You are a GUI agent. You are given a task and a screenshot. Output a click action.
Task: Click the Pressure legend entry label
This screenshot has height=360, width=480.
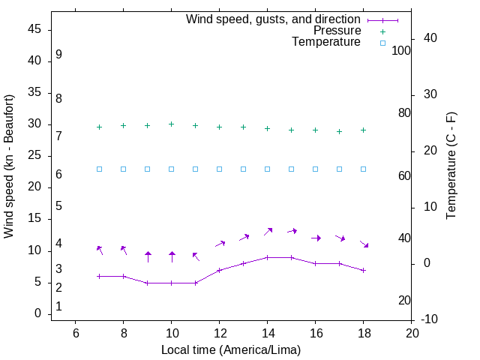pos(337,31)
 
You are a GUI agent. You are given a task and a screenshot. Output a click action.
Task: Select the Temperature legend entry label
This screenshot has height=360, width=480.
pos(326,42)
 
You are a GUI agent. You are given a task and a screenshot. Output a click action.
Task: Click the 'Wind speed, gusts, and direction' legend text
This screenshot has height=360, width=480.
pos(274,19)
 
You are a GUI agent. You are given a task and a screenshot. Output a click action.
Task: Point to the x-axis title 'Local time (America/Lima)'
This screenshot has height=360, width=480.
pos(231,349)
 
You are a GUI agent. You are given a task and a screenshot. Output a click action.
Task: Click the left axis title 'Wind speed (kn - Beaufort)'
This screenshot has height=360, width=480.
pos(9,166)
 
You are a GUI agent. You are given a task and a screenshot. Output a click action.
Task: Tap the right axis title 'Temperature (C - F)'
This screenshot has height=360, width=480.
pos(451,166)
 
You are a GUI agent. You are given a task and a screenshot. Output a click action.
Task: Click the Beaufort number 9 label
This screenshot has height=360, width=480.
pos(58,55)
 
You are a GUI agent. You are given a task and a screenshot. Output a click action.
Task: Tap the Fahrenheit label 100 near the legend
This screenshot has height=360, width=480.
pos(401,50)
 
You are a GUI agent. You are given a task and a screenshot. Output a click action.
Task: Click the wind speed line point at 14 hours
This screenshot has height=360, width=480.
pos(267,257)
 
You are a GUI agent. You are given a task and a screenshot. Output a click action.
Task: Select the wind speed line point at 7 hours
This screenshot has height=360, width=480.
pos(99,276)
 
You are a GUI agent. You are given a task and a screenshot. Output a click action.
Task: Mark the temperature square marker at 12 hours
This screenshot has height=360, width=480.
pos(219,169)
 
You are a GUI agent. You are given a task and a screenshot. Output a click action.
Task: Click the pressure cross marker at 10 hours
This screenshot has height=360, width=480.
pos(171,124)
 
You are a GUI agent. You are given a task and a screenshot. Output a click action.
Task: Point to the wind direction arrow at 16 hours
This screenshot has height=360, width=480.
pos(316,238)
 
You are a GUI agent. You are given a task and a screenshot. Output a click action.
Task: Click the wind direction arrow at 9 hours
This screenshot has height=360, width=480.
pos(148,257)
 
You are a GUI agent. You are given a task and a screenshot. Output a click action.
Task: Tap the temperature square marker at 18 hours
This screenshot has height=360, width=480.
pos(363,169)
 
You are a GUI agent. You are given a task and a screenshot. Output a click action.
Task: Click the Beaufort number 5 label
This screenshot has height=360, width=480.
pos(58,205)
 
